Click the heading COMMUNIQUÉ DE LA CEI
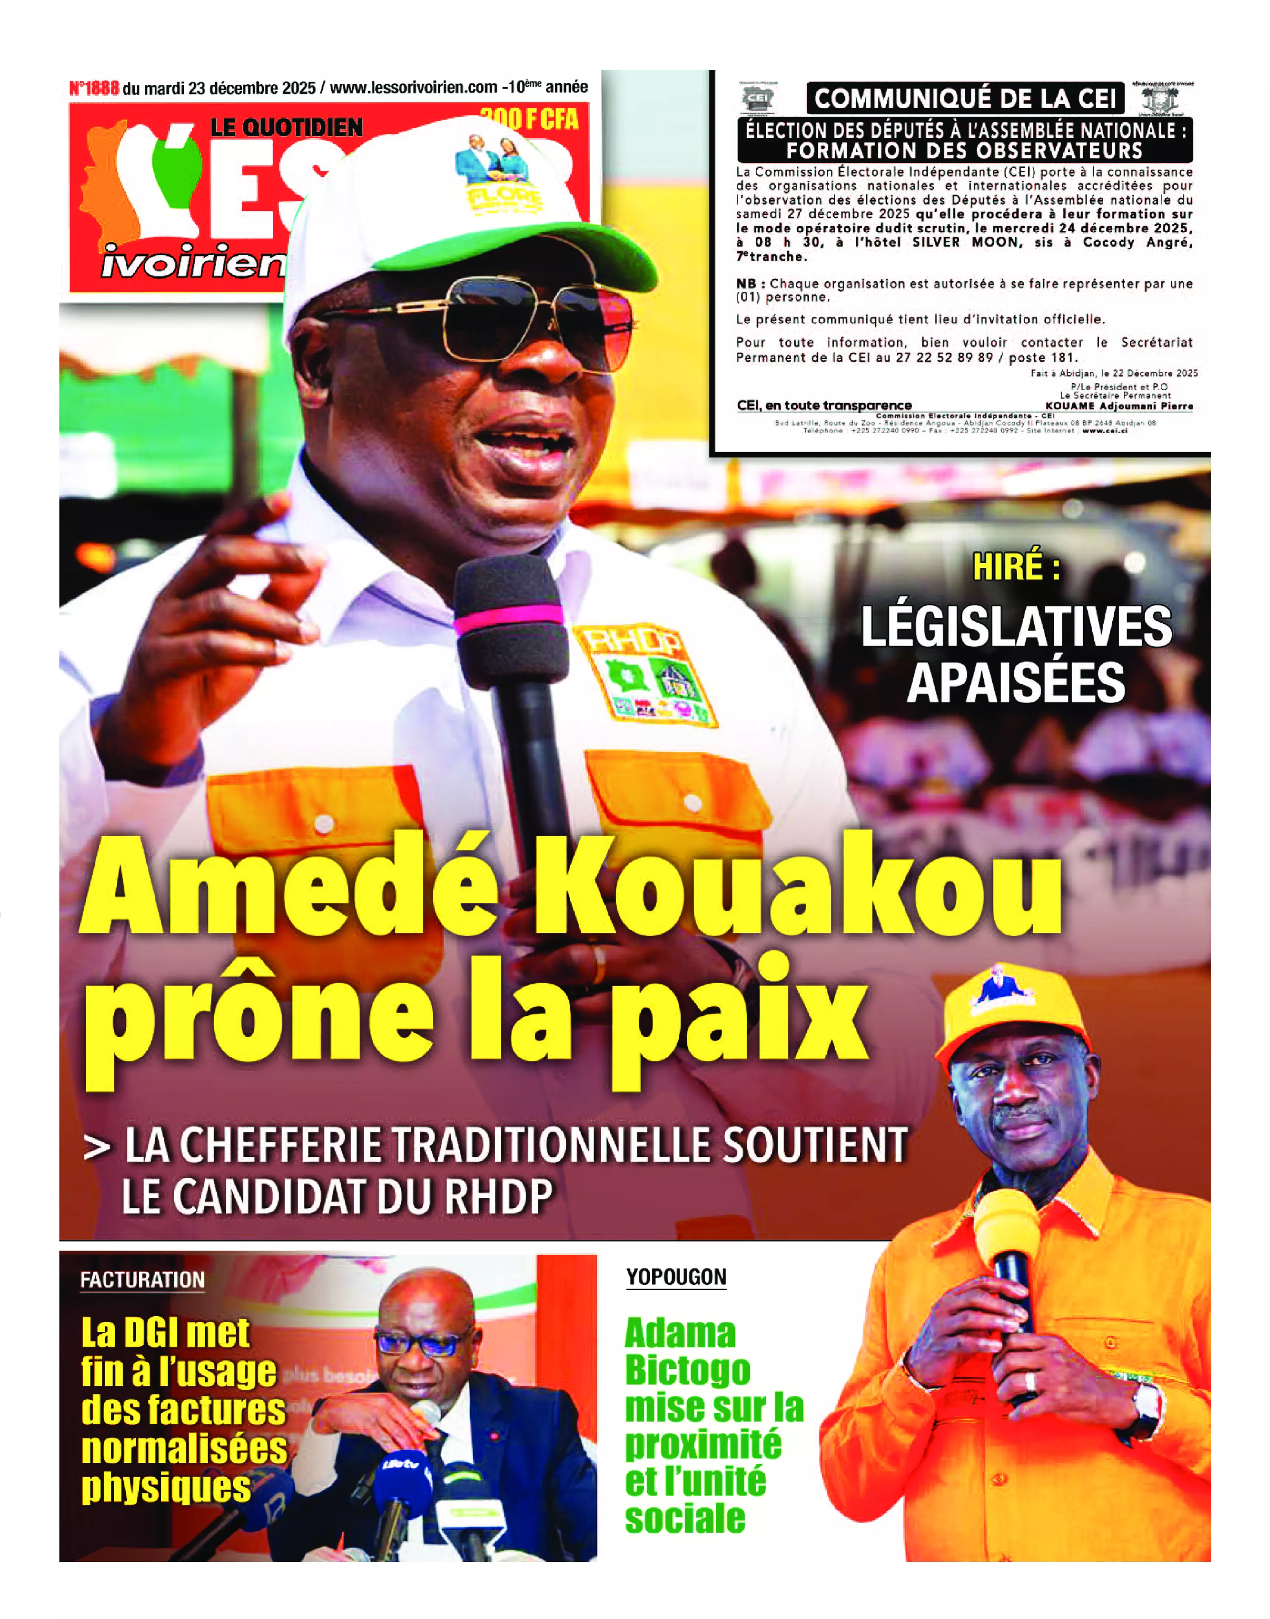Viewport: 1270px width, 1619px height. click(x=965, y=98)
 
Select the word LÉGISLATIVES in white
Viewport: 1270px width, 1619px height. click(x=1016, y=627)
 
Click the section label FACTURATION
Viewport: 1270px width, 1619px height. click(x=142, y=1279)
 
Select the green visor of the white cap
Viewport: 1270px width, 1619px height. click(x=520, y=242)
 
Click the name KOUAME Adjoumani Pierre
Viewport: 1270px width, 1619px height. click(x=1118, y=406)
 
